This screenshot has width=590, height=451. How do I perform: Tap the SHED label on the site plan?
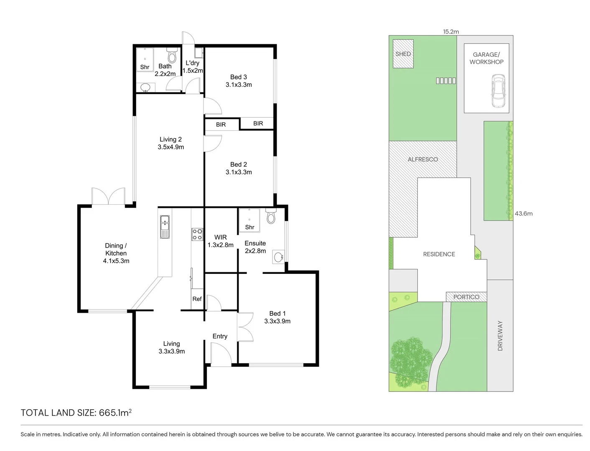[x=403, y=54]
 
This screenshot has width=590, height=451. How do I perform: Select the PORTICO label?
[x=466, y=297]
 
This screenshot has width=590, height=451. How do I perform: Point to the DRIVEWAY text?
[x=500, y=336]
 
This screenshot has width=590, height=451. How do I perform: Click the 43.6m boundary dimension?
[x=524, y=213]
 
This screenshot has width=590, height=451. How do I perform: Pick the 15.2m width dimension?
[x=451, y=31]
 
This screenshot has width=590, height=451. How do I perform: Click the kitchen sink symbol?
[x=165, y=227]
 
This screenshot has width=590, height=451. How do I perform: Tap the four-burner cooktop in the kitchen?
[x=197, y=234]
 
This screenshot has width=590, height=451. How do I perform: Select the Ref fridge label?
[x=197, y=299]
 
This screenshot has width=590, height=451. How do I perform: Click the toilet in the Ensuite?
[x=271, y=217]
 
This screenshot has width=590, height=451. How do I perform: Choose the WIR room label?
[x=220, y=237]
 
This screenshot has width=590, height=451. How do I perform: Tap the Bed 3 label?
[x=238, y=77]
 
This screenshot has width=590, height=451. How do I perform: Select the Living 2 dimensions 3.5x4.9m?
[x=170, y=147]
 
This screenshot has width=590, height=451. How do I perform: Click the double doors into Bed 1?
[x=244, y=327]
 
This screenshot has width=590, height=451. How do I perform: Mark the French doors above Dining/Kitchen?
[x=108, y=196]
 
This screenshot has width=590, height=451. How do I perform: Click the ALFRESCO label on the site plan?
[x=422, y=159]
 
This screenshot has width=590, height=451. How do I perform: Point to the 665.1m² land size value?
[x=115, y=413]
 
